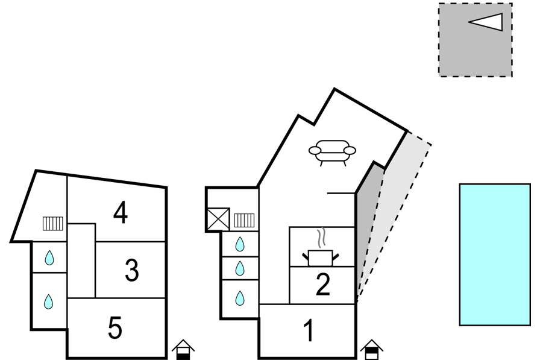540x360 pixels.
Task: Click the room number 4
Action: point(121,213)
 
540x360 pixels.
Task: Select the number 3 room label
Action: point(132,270)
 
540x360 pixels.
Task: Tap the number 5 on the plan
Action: point(115,327)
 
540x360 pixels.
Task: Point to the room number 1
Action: point(310,330)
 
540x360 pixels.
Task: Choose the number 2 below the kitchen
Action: point(322,284)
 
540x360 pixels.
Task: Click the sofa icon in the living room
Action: point(332,153)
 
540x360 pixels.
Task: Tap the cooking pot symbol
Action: point(321,257)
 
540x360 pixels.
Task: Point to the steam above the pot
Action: point(322,238)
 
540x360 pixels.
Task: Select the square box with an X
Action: point(218,219)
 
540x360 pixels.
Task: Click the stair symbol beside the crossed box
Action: point(244,221)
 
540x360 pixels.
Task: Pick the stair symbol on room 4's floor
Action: point(53,224)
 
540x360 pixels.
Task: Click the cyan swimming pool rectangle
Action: point(495,254)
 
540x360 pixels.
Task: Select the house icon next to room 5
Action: point(183,349)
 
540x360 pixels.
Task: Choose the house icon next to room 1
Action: point(372,349)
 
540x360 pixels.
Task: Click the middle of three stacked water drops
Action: point(240,268)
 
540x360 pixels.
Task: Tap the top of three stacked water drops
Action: point(240,244)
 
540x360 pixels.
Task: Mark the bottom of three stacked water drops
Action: point(240,298)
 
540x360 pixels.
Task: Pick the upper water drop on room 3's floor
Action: point(49,257)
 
